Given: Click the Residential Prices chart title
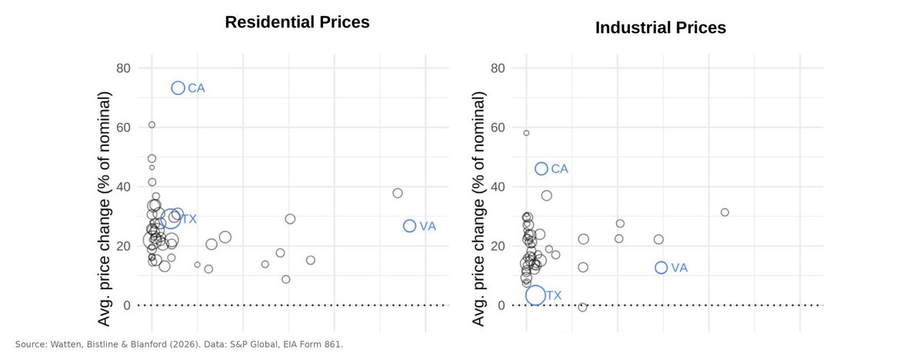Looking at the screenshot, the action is tap(297, 22).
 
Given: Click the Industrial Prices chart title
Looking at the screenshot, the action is tap(661, 28).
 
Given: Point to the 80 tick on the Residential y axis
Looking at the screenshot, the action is tap(123, 68).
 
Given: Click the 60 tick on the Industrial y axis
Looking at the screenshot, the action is tap(498, 127).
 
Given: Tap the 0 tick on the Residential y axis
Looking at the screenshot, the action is tap(127, 305).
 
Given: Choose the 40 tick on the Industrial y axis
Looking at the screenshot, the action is tap(498, 187).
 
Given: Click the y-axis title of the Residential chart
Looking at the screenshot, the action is tap(104, 208).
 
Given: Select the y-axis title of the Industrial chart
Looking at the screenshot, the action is tap(478, 208).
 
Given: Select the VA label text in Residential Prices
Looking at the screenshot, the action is tap(428, 226).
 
